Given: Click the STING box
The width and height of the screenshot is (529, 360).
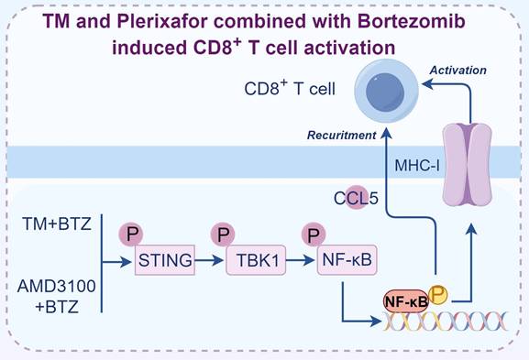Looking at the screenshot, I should pos(166,262).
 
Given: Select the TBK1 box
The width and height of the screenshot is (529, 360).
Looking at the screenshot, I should pos(253,262).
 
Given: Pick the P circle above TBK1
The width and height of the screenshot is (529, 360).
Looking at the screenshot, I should pos(221,235).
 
